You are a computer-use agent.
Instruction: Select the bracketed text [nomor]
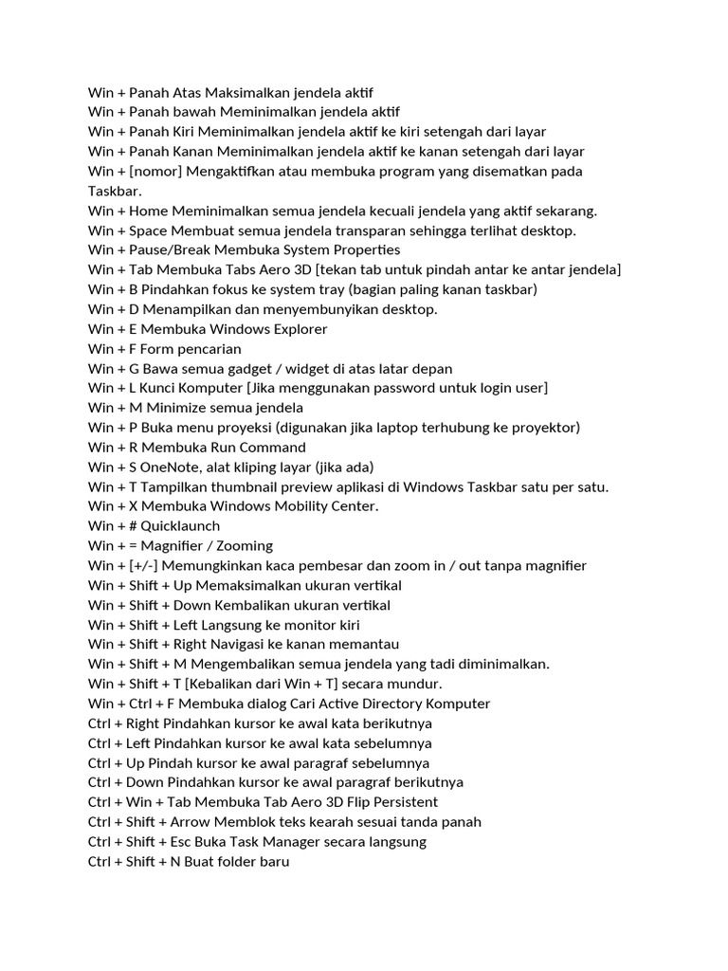click(x=155, y=172)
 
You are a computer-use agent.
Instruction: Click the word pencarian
click(x=209, y=349)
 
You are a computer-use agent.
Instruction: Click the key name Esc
click(x=186, y=842)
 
